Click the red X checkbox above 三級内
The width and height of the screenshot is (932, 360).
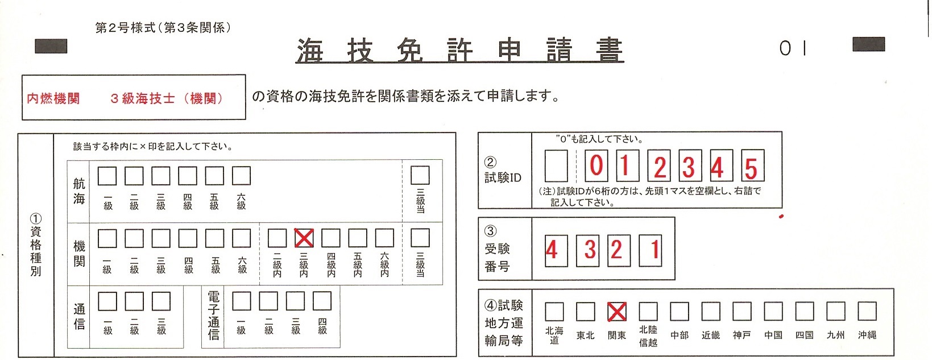[x=304, y=238]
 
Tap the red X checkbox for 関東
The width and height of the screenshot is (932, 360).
[x=616, y=311]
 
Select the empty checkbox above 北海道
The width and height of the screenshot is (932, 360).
[x=554, y=311]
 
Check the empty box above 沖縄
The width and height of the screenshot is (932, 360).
[x=867, y=311]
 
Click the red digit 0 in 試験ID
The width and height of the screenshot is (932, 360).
[x=597, y=165]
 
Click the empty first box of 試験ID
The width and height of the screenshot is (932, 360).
[x=556, y=165]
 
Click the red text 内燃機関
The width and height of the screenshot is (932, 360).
[x=53, y=98]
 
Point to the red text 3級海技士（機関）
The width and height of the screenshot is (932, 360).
[x=167, y=98]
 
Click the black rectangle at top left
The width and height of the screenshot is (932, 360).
[x=51, y=46]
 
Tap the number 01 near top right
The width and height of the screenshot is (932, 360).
[x=793, y=48]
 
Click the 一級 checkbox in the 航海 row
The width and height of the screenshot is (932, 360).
[x=107, y=176]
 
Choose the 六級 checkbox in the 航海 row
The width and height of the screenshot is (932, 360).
[x=241, y=176]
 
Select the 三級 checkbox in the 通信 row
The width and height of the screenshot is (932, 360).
[x=161, y=301]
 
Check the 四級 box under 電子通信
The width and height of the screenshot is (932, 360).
[x=322, y=301]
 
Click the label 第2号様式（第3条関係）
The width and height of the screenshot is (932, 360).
[x=163, y=27]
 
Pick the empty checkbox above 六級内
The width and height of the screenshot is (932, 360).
[x=384, y=238]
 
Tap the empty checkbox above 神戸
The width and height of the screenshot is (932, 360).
[x=742, y=311]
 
